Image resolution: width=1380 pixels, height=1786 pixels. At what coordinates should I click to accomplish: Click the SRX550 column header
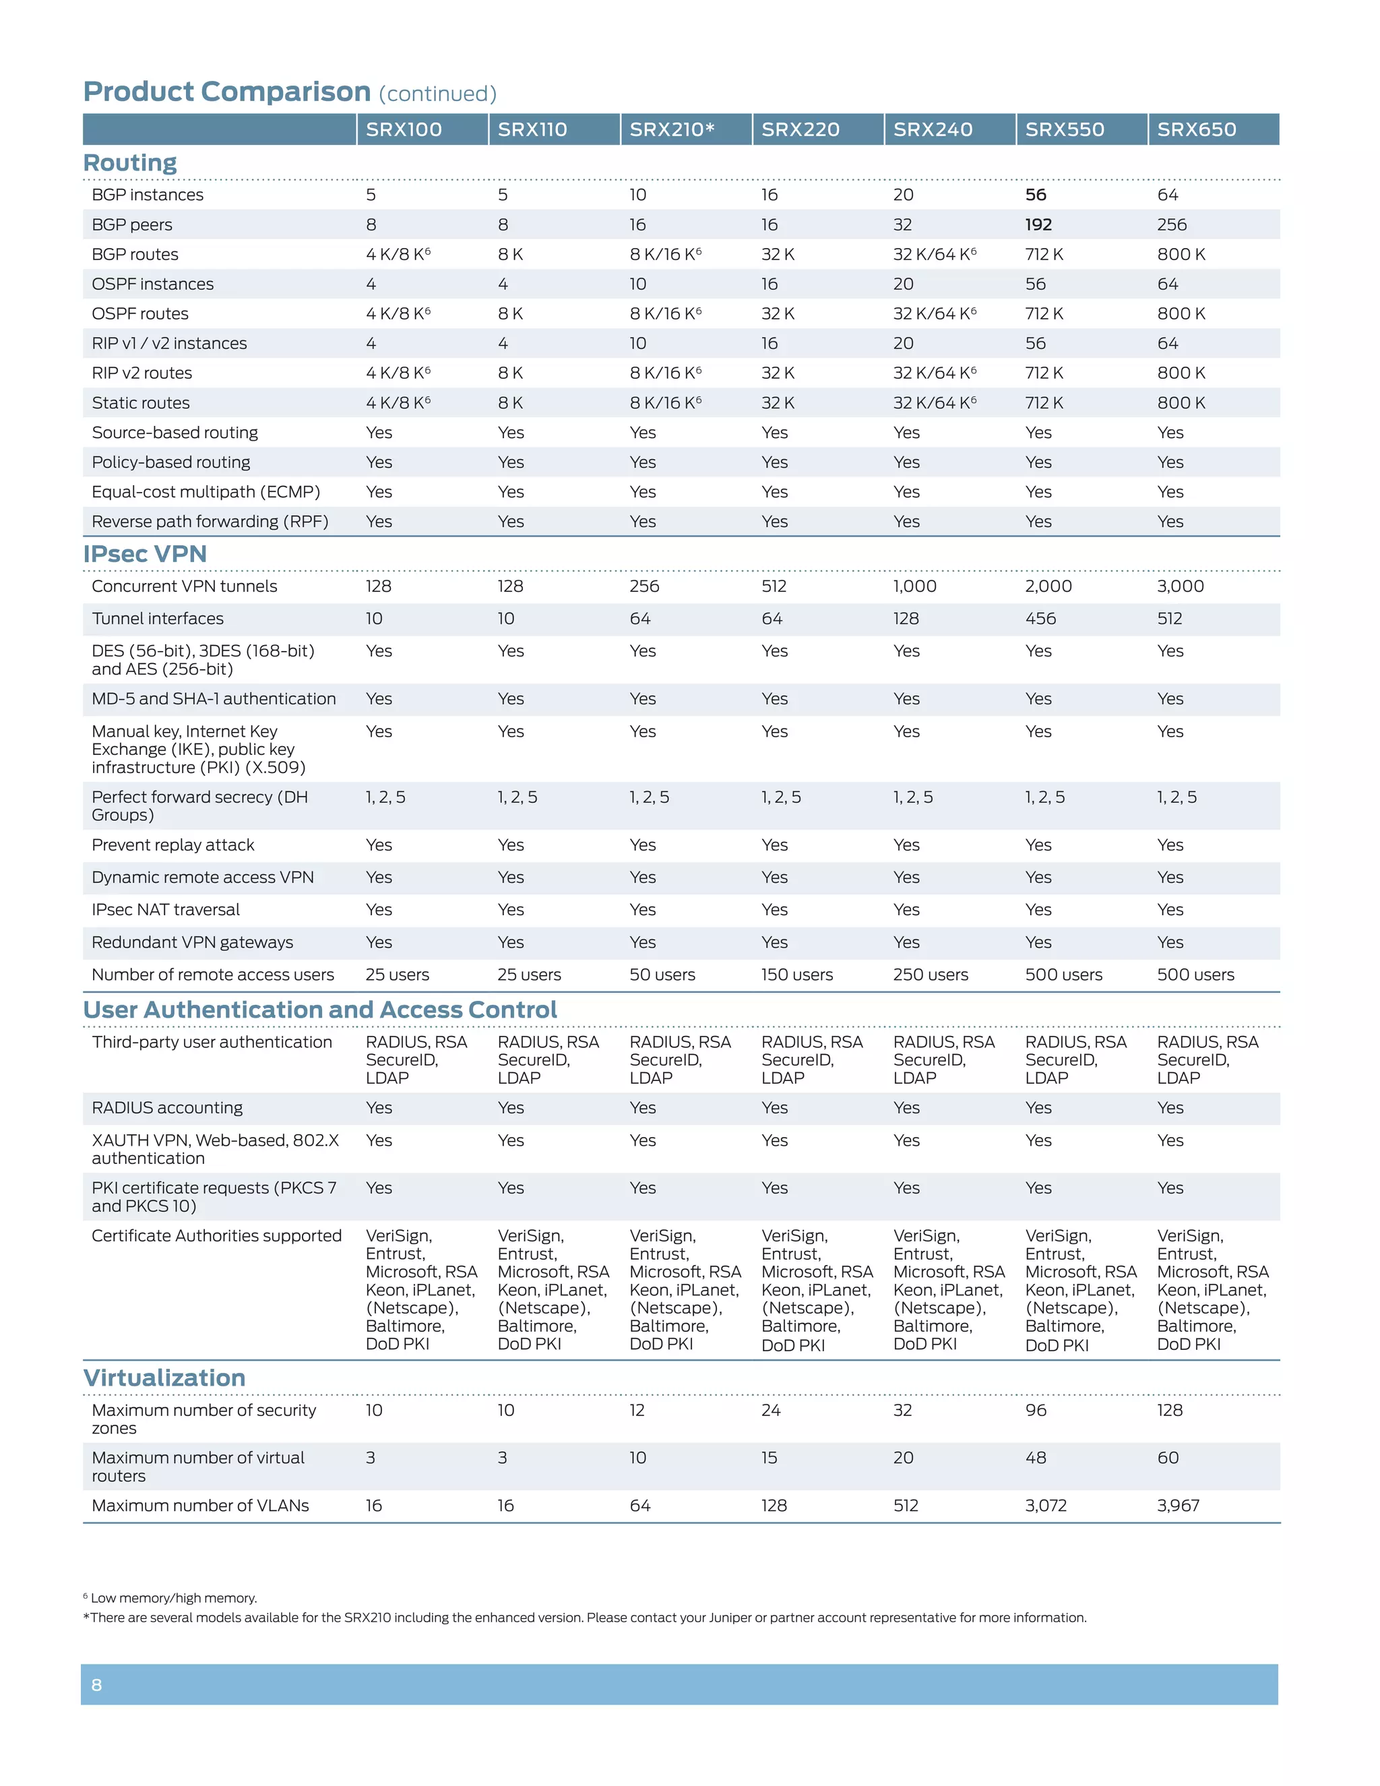pos(1065,129)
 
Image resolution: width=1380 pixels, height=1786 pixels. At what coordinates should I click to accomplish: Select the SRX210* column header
pos(672,129)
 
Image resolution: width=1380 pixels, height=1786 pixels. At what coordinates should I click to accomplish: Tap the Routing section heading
pos(130,162)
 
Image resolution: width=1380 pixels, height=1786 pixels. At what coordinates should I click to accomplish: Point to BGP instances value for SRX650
pos(1168,195)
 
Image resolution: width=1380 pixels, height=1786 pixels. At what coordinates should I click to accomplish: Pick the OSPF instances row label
pos(152,284)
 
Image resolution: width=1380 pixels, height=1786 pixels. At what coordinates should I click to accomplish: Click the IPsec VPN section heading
pos(145,553)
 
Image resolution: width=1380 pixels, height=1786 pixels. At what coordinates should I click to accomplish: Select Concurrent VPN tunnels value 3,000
pos(1180,586)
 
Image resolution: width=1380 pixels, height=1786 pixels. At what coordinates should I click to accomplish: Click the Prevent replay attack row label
pos(172,844)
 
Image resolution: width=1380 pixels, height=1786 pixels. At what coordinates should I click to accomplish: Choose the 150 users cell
pos(796,975)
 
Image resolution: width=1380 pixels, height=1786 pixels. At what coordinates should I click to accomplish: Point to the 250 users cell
pos(931,975)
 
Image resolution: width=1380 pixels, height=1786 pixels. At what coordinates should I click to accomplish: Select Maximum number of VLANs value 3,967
pos(1178,1506)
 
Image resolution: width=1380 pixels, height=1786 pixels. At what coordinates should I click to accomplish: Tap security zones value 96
pos(1035,1411)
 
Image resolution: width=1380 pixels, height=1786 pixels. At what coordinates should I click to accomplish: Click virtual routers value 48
pos(1035,1458)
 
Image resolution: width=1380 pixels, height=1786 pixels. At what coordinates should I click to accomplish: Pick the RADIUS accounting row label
pos(167,1108)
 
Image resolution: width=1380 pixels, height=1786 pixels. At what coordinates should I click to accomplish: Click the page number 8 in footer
pos(96,1685)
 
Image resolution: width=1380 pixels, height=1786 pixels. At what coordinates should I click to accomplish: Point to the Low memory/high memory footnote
pos(172,1598)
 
